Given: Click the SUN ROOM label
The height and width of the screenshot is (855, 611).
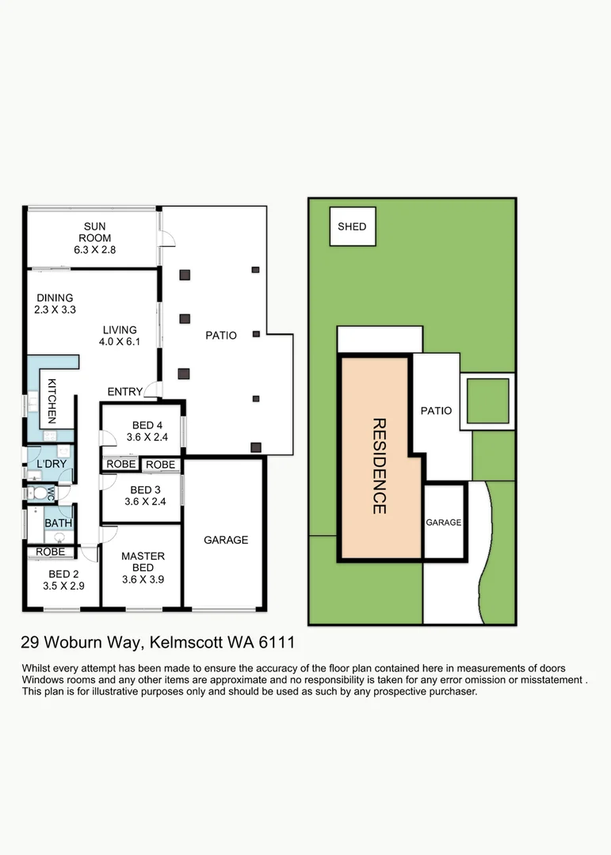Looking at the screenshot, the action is coord(95,232).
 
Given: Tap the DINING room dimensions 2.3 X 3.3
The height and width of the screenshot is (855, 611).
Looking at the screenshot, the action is coord(55,310).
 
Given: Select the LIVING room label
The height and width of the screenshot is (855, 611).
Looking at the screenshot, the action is coord(120,330).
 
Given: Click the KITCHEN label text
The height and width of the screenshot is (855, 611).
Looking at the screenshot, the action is coord(52,401).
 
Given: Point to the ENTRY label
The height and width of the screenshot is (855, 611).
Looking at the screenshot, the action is coord(125,392).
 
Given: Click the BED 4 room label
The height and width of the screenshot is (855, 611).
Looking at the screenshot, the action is coord(147,425).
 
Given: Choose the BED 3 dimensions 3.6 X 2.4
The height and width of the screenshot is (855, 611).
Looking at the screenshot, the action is coord(145,502).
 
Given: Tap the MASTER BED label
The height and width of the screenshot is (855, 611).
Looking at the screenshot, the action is coord(143,561).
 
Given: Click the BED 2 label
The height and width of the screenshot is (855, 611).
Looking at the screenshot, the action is coord(64,574).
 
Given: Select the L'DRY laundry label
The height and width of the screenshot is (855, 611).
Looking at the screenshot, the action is coord(52,464).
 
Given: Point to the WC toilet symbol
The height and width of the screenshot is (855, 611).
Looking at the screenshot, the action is coord(40,493).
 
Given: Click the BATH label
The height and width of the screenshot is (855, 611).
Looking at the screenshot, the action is coord(59,523).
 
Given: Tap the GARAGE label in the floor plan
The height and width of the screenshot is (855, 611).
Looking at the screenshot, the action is coord(226,540).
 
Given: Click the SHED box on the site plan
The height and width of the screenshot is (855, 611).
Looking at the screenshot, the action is coord(353,226).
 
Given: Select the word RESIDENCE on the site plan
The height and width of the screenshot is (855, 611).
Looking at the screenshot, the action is coord(380,466).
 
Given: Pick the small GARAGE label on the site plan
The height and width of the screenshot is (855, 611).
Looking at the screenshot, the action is coord(443,522).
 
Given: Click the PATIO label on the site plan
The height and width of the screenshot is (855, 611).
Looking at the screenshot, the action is coord(437,411).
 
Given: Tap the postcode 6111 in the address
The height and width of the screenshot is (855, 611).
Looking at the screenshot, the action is coord(277,642).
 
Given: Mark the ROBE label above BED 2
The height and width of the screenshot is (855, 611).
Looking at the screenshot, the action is coord(50,552).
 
